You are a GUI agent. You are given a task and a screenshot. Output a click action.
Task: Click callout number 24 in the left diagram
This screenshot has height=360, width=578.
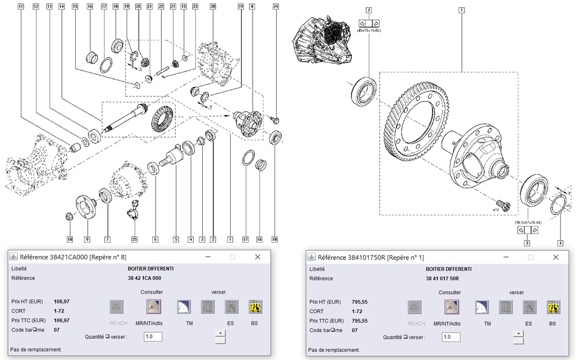click(x=276, y=6)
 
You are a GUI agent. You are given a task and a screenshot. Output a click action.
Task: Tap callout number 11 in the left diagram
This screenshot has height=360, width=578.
click(x=21, y=6)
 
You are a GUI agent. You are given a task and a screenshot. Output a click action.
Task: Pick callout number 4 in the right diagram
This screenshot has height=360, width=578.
click(x=560, y=243)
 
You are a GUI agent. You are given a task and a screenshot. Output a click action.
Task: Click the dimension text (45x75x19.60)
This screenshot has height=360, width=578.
click(x=369, y=29)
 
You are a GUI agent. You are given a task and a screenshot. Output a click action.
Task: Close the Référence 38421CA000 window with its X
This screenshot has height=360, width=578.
click(x=258, y=257)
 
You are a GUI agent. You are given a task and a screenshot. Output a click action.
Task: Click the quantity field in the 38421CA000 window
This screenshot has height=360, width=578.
click(x=153, y=336)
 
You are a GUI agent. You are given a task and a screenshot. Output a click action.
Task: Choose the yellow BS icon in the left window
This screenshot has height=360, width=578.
click(x=254, y=307)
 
